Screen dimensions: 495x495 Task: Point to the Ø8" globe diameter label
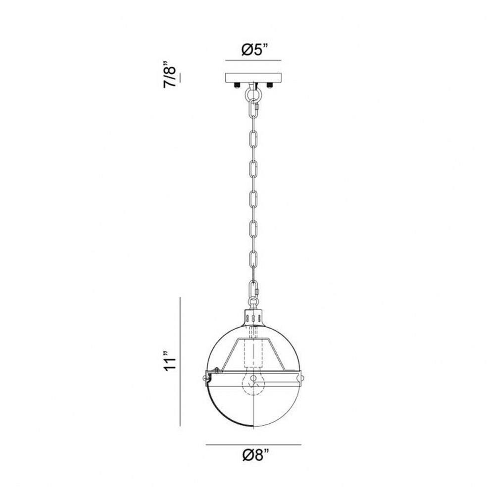(256, 455)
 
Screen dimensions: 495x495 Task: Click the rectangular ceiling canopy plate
(253, 78)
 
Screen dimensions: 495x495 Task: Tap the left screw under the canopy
(237, 85)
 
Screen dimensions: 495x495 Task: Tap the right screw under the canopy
(270, 85)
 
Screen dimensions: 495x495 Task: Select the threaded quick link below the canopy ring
(254, 108)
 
